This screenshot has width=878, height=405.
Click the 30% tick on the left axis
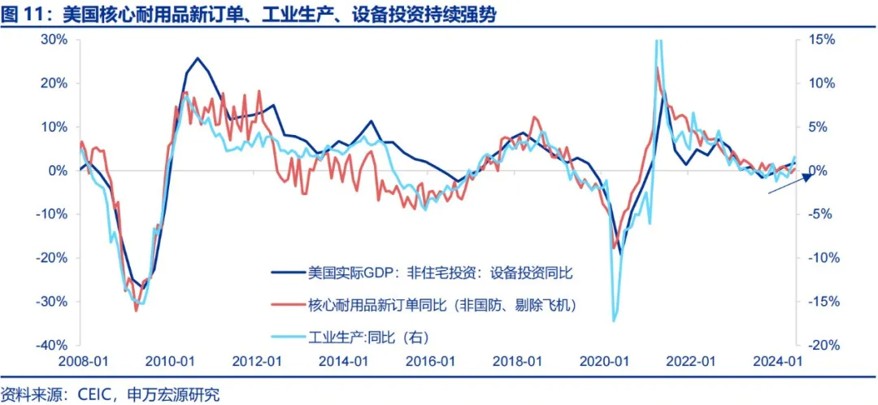[x=54, y=39]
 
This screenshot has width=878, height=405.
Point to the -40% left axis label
[x=51, y=345]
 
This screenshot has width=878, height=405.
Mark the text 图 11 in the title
[x=22, y=14]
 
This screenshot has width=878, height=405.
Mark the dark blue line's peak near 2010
[x=198, y=59]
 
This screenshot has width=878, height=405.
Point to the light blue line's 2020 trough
[x=614, y=320]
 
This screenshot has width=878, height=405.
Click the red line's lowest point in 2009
[x=136, y=310]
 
